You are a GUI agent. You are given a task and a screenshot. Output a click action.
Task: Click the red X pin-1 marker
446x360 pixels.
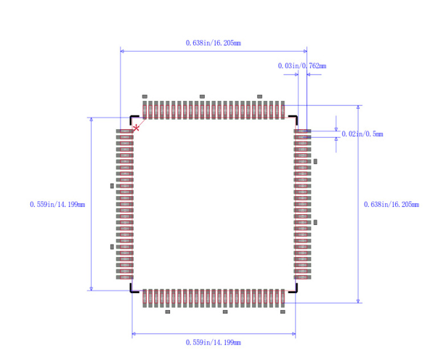(x=136, y=128)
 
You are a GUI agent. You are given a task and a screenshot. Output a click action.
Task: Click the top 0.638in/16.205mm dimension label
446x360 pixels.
(x=213, y=44)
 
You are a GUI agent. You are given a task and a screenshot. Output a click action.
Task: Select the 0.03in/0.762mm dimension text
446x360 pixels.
(x=301, y=66)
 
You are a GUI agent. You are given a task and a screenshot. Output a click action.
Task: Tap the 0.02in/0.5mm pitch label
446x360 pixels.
(x=362, y=134)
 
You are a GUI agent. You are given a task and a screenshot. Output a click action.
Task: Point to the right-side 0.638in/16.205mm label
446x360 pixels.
(x=391, y=205)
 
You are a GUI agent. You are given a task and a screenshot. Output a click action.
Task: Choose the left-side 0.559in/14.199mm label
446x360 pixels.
(x=57, y=205)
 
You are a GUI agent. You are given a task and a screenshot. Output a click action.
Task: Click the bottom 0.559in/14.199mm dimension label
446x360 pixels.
(x=213, y=342)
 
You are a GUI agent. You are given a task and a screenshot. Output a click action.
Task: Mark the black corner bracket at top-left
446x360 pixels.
(x=134, y=119)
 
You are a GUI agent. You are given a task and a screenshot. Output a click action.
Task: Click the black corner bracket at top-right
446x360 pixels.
(x=294, y=119)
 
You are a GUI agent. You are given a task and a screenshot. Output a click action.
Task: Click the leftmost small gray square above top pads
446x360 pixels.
(x=145, y=97)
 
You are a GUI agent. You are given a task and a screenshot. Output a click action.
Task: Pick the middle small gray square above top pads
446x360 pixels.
(x=203, y=97)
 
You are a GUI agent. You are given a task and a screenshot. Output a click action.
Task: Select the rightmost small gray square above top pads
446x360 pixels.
(x=259, y=97)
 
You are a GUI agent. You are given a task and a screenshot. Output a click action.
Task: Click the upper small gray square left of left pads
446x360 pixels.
(x=112, y=186)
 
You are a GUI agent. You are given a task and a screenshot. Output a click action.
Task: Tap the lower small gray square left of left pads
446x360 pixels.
(x=112, y=247)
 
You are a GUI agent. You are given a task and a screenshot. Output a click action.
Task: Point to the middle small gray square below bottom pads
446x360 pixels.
(x=225, y=312)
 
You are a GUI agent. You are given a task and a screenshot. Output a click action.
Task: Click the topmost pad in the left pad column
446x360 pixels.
(x=126, y=131)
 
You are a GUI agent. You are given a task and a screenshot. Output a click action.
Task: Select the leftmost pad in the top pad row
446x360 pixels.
(x=145, y=110)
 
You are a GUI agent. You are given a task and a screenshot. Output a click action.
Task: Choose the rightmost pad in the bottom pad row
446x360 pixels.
(x=283, y=298)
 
